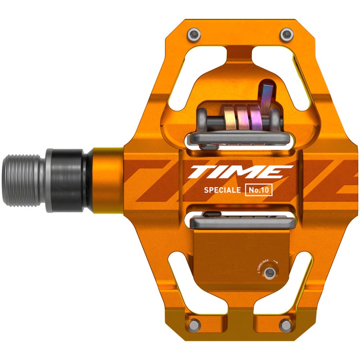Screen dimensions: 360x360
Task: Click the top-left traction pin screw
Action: coord(194,34)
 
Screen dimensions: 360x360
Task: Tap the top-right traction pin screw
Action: coord(284,34)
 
